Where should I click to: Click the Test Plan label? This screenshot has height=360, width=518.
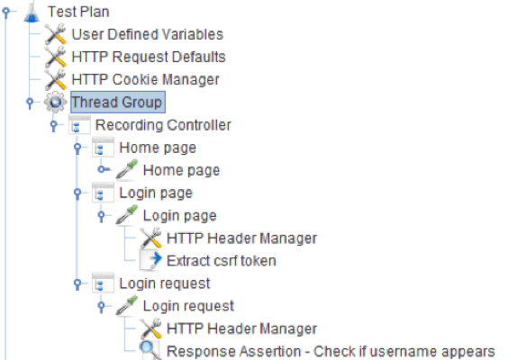point(78,12)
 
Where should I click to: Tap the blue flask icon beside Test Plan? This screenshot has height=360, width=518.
point(32,12)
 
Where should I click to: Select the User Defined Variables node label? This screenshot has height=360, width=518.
point(148,34)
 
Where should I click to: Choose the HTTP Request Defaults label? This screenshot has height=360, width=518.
point(149,57)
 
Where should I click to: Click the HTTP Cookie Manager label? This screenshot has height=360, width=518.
point(145,79)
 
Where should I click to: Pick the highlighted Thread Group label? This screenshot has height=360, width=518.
point(118,102)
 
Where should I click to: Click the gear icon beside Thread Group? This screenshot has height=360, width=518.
point(55,102)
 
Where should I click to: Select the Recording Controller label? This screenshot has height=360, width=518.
point(163,125)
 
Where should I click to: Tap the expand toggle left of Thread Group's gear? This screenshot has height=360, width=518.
point(30,102)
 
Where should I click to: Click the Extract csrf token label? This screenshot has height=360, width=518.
point(222,261)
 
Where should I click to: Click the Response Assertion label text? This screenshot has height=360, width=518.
point(331,351)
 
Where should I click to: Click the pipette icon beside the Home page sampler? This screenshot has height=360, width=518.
point(127,169)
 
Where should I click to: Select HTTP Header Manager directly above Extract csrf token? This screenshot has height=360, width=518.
point(241,238)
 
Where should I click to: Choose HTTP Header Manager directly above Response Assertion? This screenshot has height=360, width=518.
point(241,328)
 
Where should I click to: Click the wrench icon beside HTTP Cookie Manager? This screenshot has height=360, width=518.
point(56,79)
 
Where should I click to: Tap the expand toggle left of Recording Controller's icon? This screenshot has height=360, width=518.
point(53,125)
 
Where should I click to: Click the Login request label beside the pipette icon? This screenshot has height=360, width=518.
point(188,306)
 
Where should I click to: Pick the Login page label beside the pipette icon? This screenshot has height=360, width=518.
point(179,216)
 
